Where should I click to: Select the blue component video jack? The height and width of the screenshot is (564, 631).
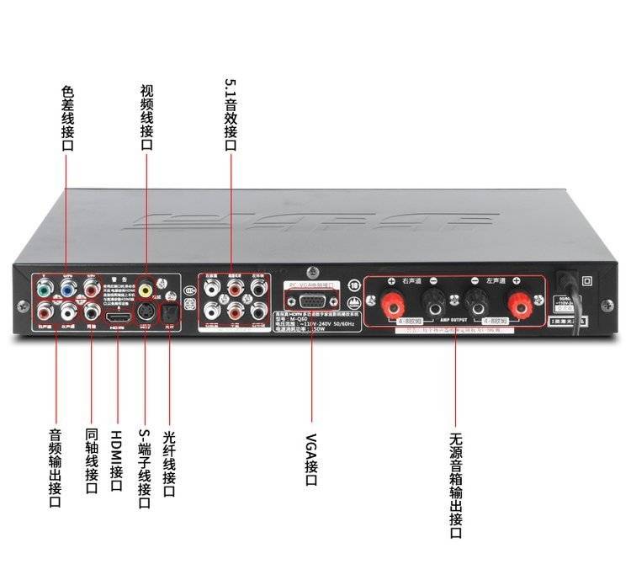tap(67, 290)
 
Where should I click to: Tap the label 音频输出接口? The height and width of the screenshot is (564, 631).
tap(55, 468)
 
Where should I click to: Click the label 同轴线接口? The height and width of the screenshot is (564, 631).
tap(92, 468)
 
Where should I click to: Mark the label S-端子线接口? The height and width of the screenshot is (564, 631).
tap(144, 466)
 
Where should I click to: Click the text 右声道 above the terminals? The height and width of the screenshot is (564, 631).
tap(412, 280)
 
